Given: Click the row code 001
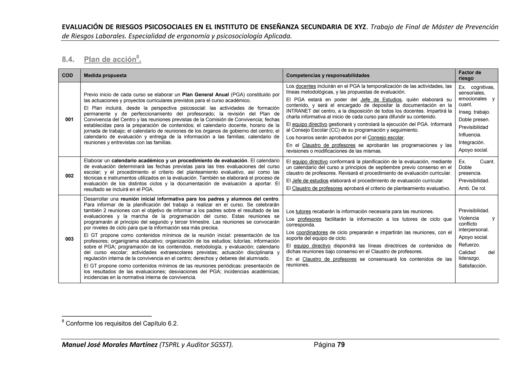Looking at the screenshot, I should (x=69, y=119).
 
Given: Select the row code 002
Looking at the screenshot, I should (x=69, y=176).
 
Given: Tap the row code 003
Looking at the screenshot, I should (x=69, y=239).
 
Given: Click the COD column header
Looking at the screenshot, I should (x=67, y=75).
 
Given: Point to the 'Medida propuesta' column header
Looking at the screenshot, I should (x=105, y=75).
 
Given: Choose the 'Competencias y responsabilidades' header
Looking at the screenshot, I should (x=328, y=75).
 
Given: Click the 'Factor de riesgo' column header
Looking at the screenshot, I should (x=470, y=75).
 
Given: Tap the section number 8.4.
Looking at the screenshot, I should (x=68, y=59).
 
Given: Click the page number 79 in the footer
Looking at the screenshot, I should (x=341, y=345).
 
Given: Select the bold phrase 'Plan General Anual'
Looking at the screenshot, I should (x=205, y=95).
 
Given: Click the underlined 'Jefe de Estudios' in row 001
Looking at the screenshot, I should (x=381, y=100).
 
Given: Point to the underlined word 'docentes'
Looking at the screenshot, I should (x=306, y=86).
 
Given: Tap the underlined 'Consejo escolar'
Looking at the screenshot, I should (x=386, y=138).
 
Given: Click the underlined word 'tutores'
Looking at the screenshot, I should (x=303, y=212).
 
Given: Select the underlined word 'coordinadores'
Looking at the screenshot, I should (x=312, y=233).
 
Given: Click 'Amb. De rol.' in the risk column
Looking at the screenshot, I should (x=472, y=189).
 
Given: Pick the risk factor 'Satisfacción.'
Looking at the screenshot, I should (x=472, y=266).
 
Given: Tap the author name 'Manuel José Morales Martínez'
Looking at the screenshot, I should (x=110, y=345).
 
